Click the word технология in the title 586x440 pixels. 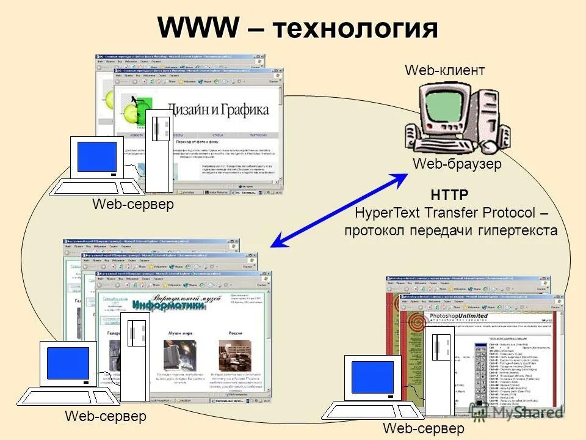click(x=356, y=29)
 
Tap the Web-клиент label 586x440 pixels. click(x=445, y=71)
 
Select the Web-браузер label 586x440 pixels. click(x=457, y=164)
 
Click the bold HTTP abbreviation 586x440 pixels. click(x=450, y=196)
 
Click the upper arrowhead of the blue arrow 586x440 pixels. click(x=404, y=178)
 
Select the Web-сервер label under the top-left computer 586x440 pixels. click(x=133, y=205)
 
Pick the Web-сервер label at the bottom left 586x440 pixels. click(x=106, y=417)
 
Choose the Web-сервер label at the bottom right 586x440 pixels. click(x=424, y=428)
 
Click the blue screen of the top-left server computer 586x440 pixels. click(x=96, y=156)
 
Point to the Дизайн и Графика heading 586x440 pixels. click(x=218, y=110)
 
